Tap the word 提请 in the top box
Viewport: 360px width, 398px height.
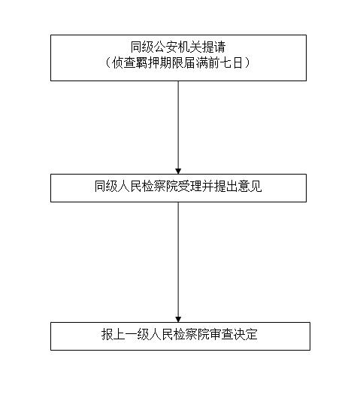pyautogui.click(x=214, y=47)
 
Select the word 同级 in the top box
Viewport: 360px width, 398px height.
pyautogui.click(x=143, y=47)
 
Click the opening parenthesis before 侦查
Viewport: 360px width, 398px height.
pyautogui.click(x=107, y=62)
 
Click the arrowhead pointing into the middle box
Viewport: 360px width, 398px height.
pyautogui.click(x=178, y=171)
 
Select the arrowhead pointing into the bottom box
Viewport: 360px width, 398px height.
pyautogui.click(x=178, y=319)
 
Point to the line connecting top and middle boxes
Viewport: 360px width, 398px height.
pyautogui.click(x=178, y=125)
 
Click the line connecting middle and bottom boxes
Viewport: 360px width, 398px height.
pyautogui.click(x=178, y=260)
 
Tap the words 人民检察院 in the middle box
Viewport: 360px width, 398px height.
pyautogui.click(x=148, y=186)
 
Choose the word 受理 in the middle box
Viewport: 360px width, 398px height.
pyautogui.click(x=190, y=186)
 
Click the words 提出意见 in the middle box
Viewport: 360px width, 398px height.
pyautogui.click(x=238, y=186)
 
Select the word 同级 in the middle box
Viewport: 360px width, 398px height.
pyautogui.click(x=107, y=186)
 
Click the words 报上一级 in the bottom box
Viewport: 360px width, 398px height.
pyautogui.click(x=126, y=334)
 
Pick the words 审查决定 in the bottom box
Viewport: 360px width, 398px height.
pyautogui.click(x=234, y=334)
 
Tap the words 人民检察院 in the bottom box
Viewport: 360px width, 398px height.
pyautogui.click(x=179, y=334)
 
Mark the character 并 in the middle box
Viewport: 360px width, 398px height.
pyautogui.click(x=208, y=186)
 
